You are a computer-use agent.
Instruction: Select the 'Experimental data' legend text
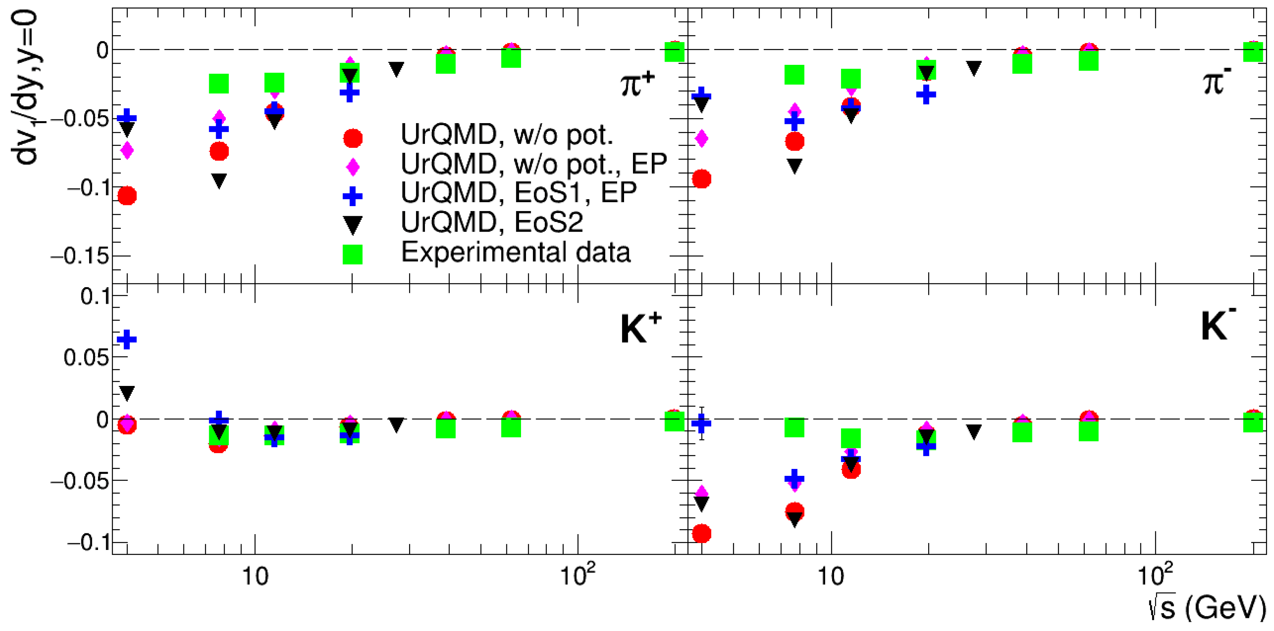point(515,252)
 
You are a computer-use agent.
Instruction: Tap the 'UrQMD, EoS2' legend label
point(492,223)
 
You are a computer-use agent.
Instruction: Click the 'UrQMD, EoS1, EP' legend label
point(518,193)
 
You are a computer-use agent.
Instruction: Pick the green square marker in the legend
point(353,254)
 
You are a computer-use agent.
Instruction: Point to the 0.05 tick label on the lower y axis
point(86,357)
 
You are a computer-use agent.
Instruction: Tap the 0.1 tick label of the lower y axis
point(95,297)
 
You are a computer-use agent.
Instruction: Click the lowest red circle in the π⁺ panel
point(127,196)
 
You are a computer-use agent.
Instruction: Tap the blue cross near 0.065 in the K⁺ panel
point(127,339)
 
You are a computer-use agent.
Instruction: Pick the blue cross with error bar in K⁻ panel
point(701,423)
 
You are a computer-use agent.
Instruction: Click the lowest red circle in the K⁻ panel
point(701,534)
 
